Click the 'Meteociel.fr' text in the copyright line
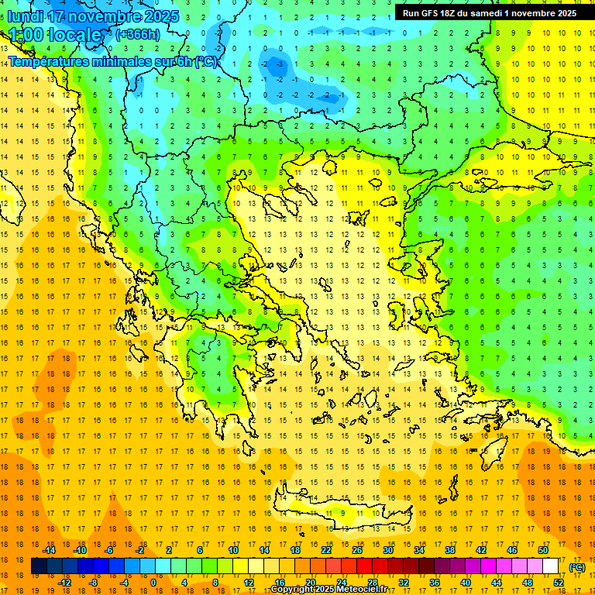click(x=362, y=590)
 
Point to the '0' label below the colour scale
click(x=153, y=583)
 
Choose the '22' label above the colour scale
click(x=326, y=550)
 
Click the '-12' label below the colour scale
click(x=64, y=583)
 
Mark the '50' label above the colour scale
click(x=542, y=550)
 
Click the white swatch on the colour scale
click(x=550, y=566)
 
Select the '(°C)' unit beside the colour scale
click(x=576, y=567)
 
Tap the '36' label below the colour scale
click(x=434, y=583)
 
